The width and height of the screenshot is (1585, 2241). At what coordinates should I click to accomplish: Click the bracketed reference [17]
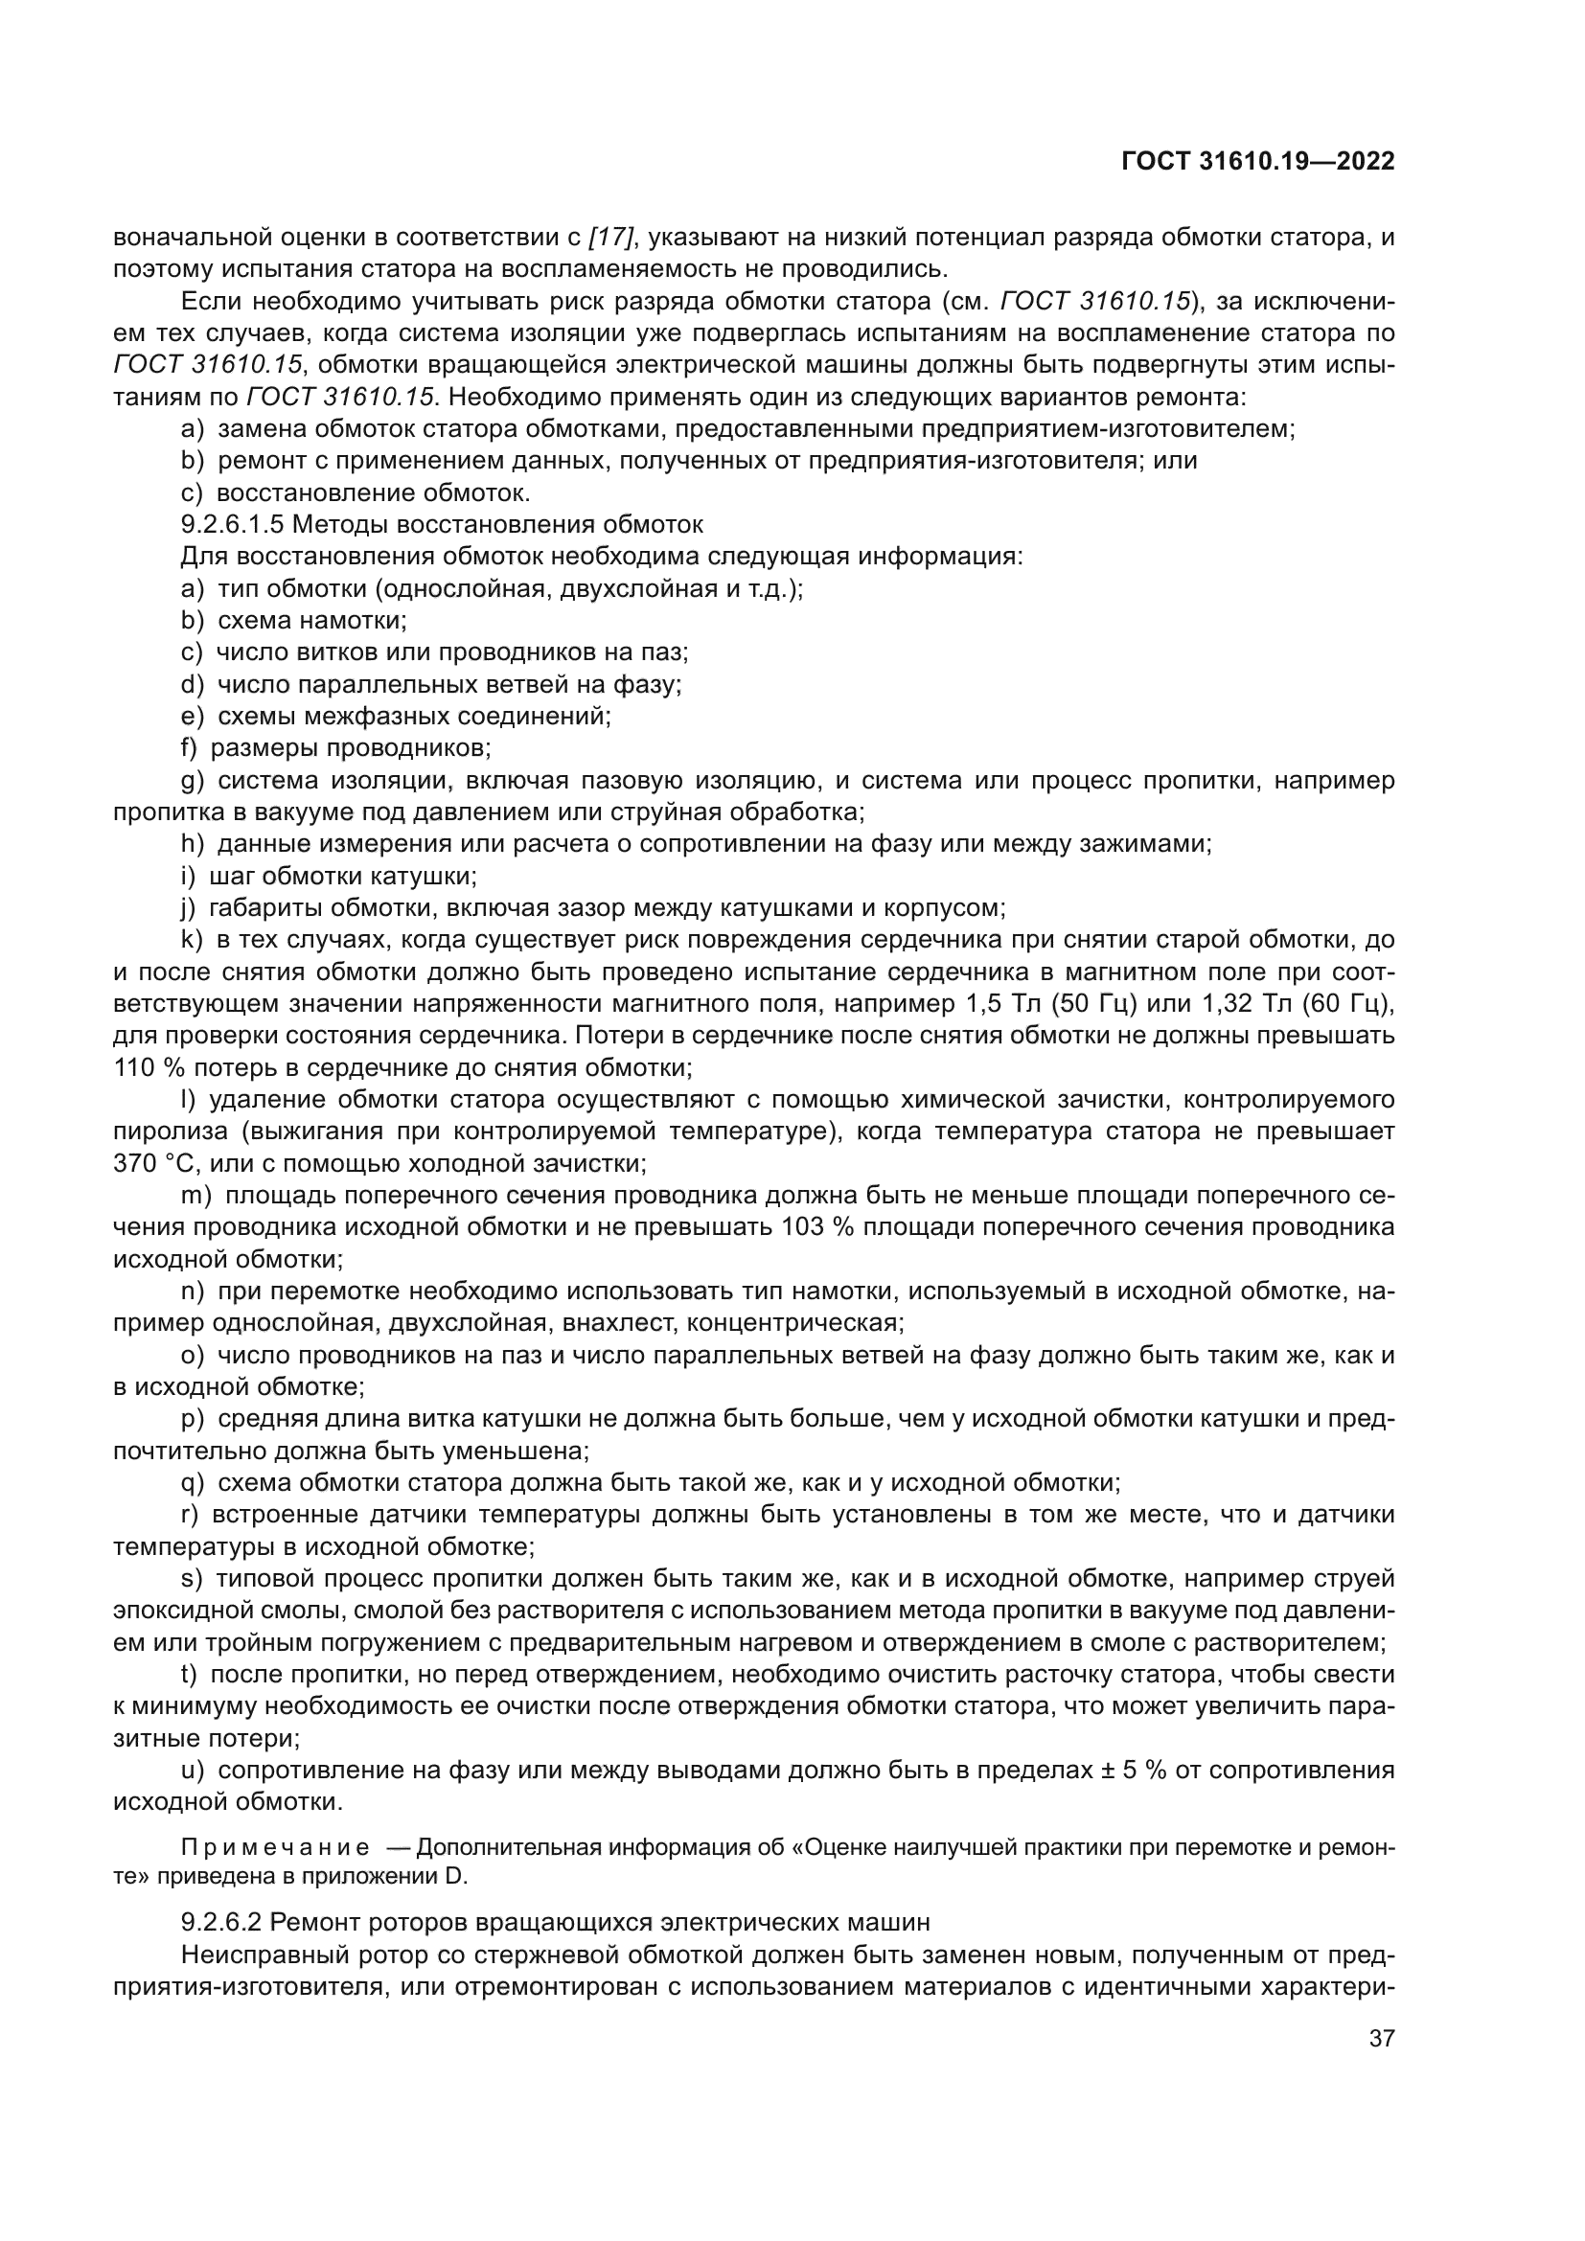point(612,238)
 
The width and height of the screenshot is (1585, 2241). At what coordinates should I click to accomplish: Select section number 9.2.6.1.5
point(232,525)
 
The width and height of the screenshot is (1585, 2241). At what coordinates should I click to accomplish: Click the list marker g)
point(192,781)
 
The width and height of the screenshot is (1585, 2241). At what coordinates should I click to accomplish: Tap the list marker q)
point(192,1483)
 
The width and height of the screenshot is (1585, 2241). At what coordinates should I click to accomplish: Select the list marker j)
point(189,907)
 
